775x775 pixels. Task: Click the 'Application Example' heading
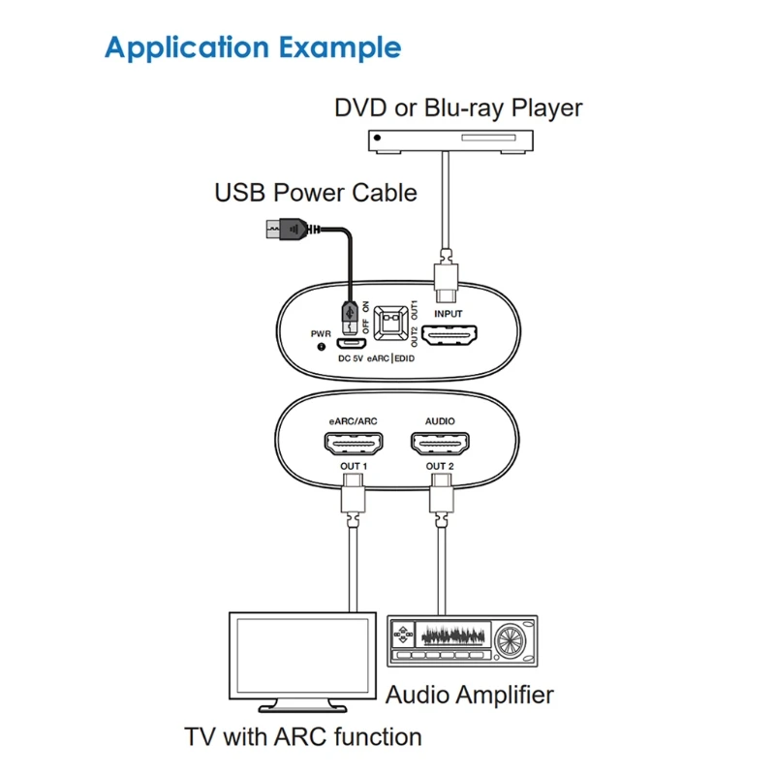252,47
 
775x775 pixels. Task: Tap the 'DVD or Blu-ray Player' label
458,107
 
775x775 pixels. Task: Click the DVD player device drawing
451,141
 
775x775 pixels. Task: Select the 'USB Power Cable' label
315,193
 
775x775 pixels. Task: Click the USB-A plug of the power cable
286,231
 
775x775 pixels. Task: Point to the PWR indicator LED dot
321,346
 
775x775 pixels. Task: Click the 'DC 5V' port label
350,357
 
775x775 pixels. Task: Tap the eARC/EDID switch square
392,323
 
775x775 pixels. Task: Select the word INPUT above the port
449,314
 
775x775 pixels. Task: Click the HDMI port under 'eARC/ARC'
351,445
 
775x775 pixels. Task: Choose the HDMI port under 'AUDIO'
440,445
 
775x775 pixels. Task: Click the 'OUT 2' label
440,467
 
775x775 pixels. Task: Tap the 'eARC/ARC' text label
351,422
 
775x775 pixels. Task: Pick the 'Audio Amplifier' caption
470,695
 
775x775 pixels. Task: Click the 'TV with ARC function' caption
303,736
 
